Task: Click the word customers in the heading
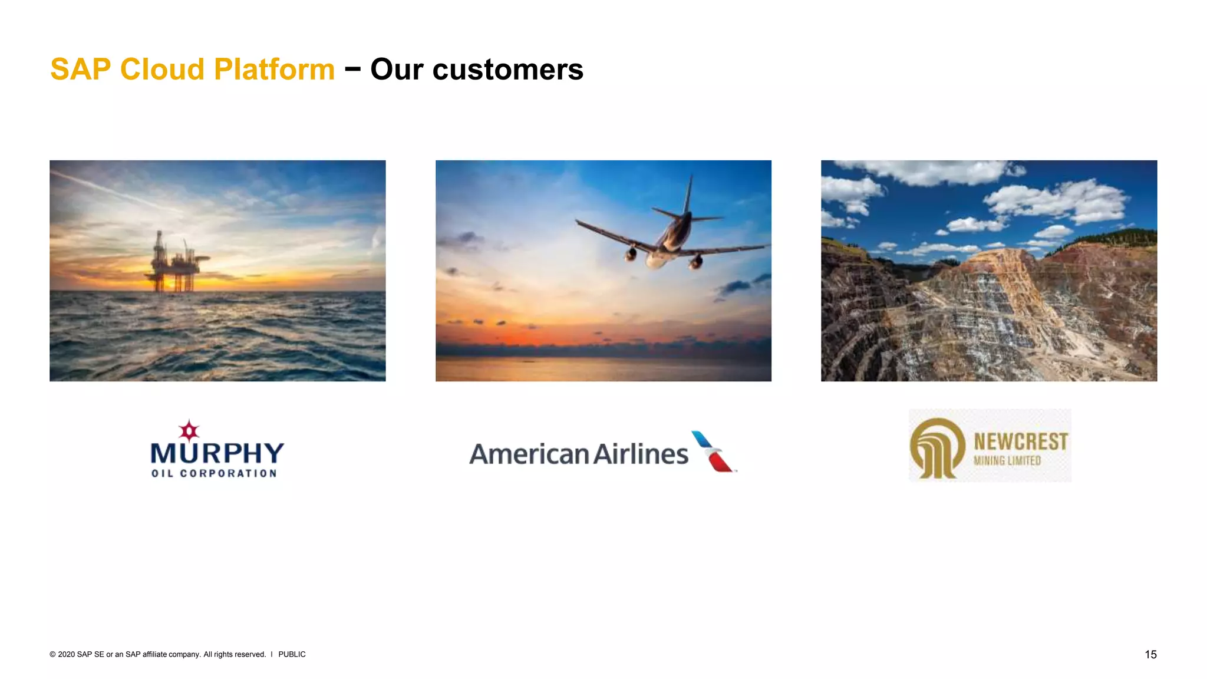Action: tap(507, 70)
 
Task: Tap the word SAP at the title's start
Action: tap(81, 70)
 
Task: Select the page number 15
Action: tap(1150, 654)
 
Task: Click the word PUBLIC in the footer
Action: tap(292, 654)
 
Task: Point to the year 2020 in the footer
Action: tap(67, 654)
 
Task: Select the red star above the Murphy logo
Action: tap(189, 431)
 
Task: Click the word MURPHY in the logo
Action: tap(217, 453)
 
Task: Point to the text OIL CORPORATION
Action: tap(214, 473)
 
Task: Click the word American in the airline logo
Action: tap(529, 454)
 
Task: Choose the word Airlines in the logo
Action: tap(641, 454)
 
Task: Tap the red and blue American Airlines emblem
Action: tap(713, 452)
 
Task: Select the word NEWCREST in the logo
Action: tap(1021, 441)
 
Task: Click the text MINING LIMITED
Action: tap(1007, 461)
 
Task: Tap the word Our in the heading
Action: tap(397, 70)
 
